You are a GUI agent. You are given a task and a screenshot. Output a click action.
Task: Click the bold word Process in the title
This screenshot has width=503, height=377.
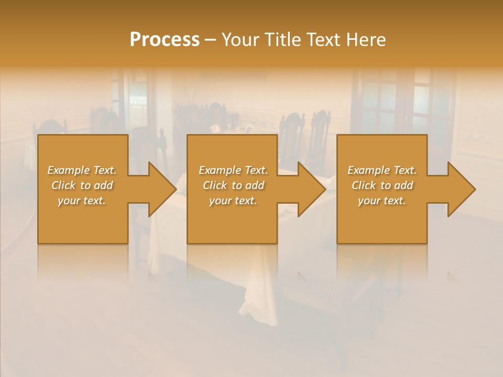pyautogui.click(x=165, y=40)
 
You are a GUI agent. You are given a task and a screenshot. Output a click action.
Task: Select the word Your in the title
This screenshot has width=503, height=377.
pyautogui.click(x=240, y=40)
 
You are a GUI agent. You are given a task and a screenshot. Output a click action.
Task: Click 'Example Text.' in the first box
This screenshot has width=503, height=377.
pyautogui.click(x=82, y=170)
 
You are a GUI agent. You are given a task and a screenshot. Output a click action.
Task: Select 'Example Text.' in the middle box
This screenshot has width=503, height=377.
pyautogui.click(x=233, y=170)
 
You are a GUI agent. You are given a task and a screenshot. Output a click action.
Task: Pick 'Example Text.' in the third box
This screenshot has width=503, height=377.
pyautogui.click(x=382, y=170)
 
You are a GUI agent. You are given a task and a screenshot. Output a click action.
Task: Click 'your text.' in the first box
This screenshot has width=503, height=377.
pyautogui.click(x=82, y=201)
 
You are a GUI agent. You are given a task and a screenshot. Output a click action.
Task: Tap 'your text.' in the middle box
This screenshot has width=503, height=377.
pyautogui.click(x=233, y=201)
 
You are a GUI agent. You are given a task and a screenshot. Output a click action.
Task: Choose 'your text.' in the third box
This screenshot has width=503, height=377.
pyautogui.click(x=382, y=201)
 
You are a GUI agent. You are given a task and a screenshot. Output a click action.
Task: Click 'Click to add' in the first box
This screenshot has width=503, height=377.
pyautogui.click(x=82, y=185)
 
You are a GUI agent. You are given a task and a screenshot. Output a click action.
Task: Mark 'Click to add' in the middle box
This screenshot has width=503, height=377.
pyautogui.click(x=233, y=185)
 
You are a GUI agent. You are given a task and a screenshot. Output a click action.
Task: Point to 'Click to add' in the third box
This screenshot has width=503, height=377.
pyautogui.click(x=382, y=185)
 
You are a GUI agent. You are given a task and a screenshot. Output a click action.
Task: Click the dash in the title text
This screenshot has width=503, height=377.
pyautogui.click(x=210, y=40)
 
